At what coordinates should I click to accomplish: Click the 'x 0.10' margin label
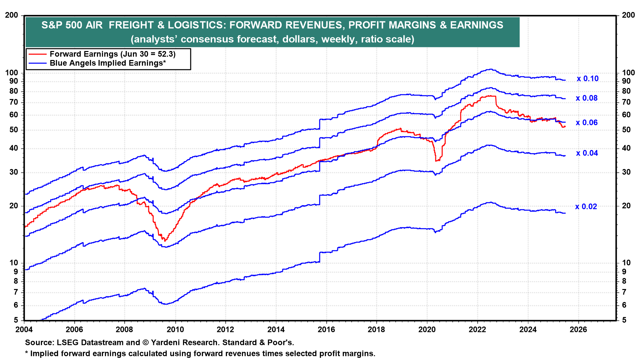pos(588,79)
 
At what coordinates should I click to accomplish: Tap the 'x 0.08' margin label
pos(587,98)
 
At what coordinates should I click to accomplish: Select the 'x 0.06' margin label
pos(587,123)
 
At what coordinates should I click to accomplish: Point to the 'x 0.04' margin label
pos(587,153)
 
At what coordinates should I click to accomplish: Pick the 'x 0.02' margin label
pos(586,207)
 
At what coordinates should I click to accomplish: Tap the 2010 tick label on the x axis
pos(175,330)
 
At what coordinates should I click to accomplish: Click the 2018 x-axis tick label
pos(376,330)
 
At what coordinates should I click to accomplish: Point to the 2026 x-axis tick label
pos(578,330)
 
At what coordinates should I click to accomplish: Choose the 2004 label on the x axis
pos(24,330)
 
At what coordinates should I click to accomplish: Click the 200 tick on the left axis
pos(12,15)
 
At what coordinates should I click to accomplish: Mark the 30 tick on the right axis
pos(626,172)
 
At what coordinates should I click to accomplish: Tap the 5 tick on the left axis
pos(16,320)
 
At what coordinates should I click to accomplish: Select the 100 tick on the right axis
pos(628,73)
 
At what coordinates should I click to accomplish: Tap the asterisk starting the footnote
pos(27,353)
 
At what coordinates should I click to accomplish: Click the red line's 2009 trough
pos(164,240)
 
